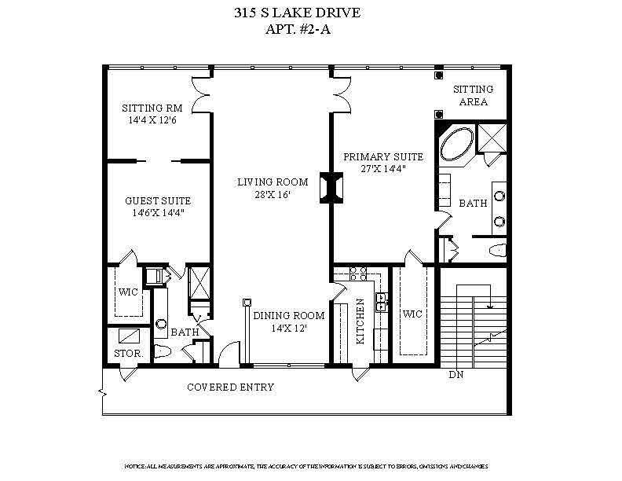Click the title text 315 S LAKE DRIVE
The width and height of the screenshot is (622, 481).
point(312,13)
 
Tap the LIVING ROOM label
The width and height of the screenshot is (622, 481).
point(273,182)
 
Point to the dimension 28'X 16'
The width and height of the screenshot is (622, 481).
point(273,195)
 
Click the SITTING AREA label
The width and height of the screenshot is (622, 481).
point(474,96)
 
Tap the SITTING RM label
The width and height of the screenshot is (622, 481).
point(152,108)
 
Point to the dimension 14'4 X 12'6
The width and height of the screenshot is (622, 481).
point(152,120)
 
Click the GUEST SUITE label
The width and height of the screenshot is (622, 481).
point(158,200)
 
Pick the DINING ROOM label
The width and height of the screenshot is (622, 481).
point(288,316)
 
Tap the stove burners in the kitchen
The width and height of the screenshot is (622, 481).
point(358,274)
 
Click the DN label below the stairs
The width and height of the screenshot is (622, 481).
point(456,375)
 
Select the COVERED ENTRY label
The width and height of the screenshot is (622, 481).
point(230,387)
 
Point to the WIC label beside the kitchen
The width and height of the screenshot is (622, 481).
point(412,314)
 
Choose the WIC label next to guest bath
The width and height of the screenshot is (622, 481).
point(128,292)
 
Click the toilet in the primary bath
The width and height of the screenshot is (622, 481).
point(496,252)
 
